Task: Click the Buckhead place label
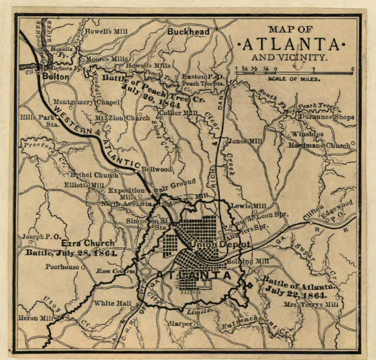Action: (188, 32)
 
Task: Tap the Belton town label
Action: (56, 77)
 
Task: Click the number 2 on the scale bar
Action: (352, 68)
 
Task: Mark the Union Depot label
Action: (220, 244)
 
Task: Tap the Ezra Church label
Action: (88, 243)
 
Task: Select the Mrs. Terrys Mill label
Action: (310, 304)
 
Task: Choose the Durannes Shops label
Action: (327, 117)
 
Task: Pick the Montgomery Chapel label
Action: (87, 102)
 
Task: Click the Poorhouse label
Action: (62, 267)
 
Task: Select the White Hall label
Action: (111, 303)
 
